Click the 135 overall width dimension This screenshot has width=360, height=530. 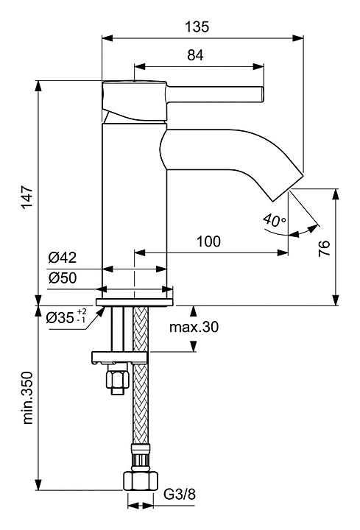197,26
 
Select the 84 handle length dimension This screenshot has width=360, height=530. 195,55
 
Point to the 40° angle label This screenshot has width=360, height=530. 275,220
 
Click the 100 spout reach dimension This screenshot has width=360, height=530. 208,241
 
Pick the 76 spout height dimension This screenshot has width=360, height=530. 324,249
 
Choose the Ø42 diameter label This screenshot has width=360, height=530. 62,258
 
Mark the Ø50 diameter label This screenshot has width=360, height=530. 62,278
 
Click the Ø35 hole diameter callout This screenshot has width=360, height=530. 66,317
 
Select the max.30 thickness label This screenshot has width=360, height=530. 194,327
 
